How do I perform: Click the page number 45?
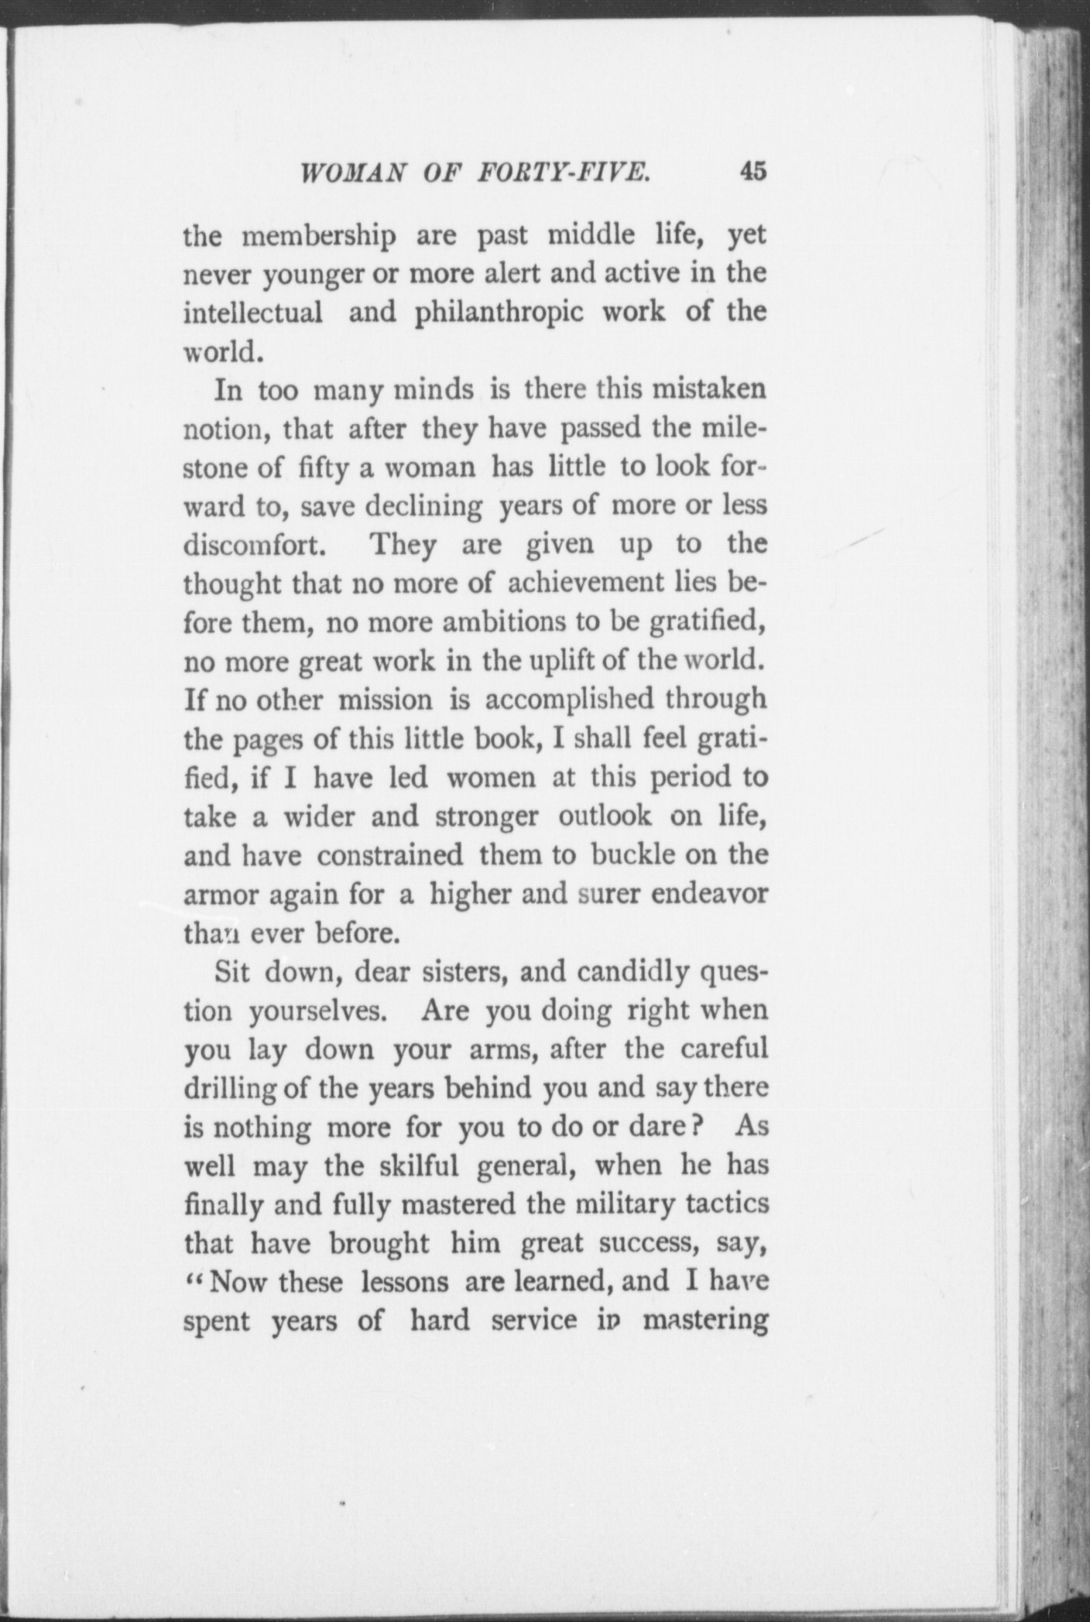(752, 171)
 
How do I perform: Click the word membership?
(320, 236)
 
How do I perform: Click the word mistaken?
(710, 389)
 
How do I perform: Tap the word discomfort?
(251, 545)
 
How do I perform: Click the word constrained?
(389, 855)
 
